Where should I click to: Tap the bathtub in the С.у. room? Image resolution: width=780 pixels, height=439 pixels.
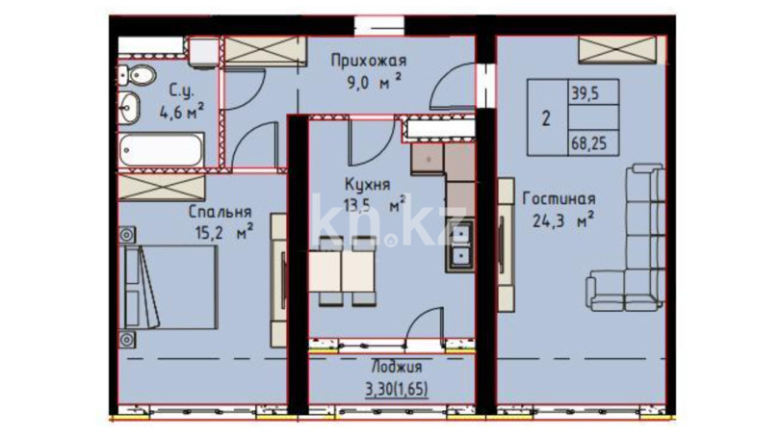162,149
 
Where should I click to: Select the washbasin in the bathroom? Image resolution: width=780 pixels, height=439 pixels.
129,108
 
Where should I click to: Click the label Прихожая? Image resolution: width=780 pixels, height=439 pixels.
369,61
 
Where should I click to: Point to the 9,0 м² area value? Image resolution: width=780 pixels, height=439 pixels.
374,81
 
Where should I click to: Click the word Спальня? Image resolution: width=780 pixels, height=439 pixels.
220,212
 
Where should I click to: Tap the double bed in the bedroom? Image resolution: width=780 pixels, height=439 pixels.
169,287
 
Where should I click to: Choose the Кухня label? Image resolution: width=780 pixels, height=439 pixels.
367,185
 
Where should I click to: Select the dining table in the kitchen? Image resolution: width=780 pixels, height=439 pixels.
341,271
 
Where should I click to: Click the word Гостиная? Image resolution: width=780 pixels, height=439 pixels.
559,199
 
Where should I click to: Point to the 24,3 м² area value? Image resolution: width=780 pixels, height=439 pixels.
563,219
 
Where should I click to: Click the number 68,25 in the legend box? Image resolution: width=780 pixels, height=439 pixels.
589,144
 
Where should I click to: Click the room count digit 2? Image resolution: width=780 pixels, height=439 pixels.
546,118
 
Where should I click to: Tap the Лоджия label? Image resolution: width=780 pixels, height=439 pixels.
397,368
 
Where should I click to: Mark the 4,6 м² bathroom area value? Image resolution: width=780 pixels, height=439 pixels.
181,112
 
